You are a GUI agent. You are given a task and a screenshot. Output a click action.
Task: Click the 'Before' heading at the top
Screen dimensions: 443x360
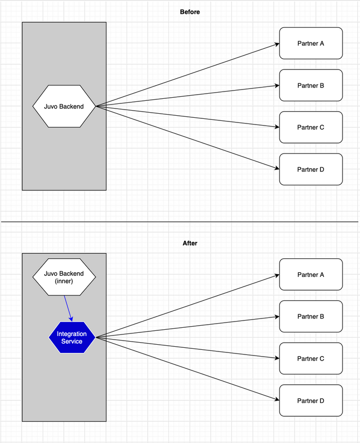click(x=190, y=12)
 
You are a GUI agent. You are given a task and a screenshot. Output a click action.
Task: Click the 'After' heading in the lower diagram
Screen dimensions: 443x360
click(x=190, y=243)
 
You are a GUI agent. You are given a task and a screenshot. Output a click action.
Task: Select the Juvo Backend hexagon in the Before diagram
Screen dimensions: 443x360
click(x=64, y=107)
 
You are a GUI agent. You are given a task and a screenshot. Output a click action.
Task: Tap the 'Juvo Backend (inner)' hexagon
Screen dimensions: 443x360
click(x=64, y=277)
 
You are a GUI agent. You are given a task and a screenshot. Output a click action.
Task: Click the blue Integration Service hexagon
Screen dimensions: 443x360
click(x=71, y=338)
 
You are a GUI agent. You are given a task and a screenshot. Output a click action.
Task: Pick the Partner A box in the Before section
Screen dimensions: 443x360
click(x=311, y=43)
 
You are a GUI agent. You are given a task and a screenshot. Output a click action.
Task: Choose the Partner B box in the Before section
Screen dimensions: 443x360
click(x=311, y=85)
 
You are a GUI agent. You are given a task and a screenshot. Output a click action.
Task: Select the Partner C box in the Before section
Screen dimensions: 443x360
click(x=311, y=127)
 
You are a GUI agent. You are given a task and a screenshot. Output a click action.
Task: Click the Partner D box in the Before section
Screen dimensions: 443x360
click(x=311, y=169)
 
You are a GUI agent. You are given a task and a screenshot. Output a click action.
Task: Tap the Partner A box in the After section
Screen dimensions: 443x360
click(x=311, y=275)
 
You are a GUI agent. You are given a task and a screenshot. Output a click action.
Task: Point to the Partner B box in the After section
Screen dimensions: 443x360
click(x=311, y=316)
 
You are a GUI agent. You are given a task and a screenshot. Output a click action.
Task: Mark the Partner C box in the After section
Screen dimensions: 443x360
click(x=311, y=359)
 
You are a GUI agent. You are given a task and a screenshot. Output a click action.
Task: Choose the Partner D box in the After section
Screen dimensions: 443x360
click(x=311, y=401)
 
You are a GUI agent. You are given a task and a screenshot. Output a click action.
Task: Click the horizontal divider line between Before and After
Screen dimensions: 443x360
click(x=180, y=222)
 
